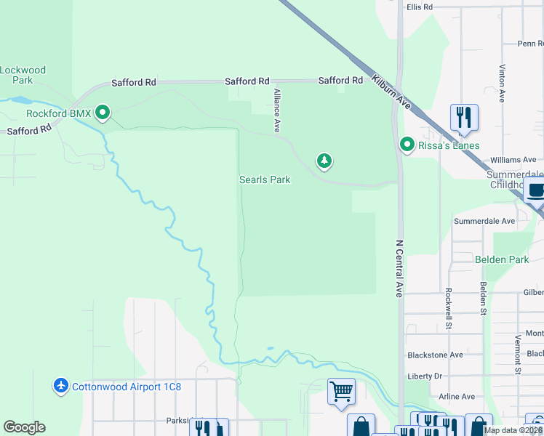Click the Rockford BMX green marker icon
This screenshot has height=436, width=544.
click(103, 113)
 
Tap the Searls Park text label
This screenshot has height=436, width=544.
click(265, 179)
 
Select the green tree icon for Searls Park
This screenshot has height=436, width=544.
click(324, 161)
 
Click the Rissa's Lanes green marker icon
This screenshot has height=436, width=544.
click(407, 145)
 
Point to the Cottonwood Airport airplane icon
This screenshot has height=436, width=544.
click(61, 386)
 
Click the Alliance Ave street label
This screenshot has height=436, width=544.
click(276, 110)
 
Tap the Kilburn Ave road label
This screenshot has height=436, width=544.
click(391, 92)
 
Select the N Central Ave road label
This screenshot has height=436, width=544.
click(399, 269)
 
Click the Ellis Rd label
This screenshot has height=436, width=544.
click(420, 7)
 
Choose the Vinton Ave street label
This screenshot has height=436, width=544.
click(502, 78)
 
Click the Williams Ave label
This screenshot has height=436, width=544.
click(513, 160)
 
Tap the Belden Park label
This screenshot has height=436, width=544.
click(502, 259)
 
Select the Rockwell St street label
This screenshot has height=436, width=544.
click(449, 309)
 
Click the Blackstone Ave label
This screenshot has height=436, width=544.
click(435, 355)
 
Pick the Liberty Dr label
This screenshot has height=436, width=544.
click(425, 376)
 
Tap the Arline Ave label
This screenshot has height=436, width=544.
click(457, 397)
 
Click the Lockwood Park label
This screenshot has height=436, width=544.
click(23, 75)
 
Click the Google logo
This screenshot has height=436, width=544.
click(24, 427)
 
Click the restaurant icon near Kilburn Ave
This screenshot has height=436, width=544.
click(463, 117)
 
